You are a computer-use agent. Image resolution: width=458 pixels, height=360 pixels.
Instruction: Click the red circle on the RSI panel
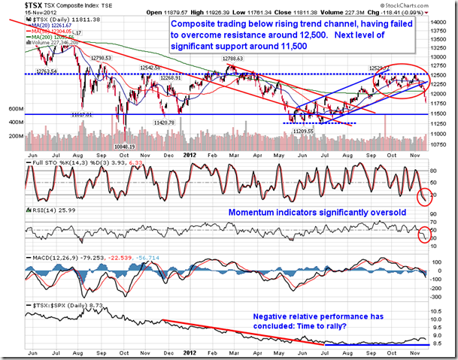[x=425, y=233]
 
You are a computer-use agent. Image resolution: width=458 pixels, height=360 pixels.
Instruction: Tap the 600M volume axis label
[x=14, y=109]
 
